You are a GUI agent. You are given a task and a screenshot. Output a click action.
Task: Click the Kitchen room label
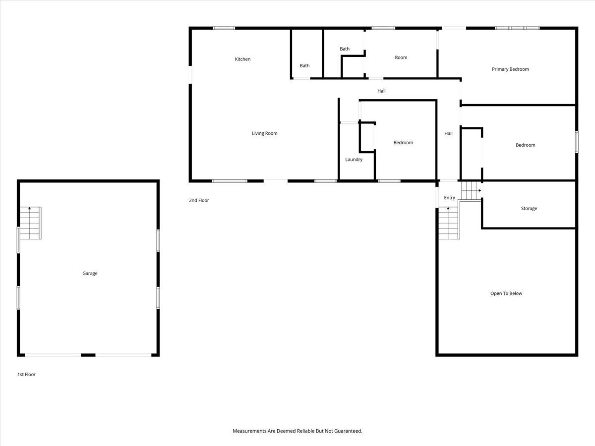242,59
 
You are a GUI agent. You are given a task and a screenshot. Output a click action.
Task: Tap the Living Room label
265,133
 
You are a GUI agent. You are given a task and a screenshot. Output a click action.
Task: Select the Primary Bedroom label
510,69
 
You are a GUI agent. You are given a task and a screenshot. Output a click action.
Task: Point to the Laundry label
354,160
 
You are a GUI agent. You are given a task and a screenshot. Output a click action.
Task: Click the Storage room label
529,209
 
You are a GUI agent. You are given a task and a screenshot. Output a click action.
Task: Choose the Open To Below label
506,293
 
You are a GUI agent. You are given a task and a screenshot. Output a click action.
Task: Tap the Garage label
90,274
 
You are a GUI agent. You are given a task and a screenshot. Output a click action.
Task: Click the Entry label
449,198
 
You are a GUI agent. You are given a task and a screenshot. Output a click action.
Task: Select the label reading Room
401,57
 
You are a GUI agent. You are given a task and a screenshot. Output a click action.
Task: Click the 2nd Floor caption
199,200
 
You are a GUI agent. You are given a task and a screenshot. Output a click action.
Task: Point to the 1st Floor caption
26,375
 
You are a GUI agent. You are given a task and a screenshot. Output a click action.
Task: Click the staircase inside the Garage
30,223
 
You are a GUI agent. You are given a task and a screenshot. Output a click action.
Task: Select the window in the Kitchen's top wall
224,28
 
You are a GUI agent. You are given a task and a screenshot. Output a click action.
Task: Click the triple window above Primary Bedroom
517,28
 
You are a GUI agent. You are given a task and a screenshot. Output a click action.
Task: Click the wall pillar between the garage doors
88,355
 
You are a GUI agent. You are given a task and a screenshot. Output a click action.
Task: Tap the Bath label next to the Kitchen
304,65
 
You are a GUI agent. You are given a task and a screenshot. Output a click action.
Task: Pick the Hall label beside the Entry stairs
448,133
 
